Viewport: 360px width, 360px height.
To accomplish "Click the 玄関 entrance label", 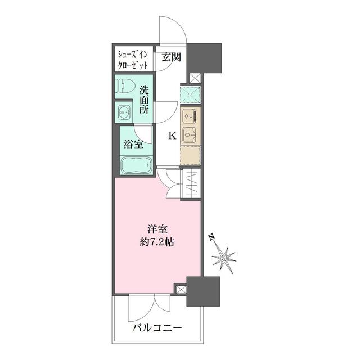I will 171,57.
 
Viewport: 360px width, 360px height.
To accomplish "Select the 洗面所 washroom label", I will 145,100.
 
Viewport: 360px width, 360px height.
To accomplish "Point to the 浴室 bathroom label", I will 133,143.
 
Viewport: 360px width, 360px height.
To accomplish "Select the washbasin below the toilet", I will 125,112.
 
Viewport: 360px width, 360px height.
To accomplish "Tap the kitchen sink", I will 190,135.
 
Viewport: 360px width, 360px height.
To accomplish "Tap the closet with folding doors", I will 188,184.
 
